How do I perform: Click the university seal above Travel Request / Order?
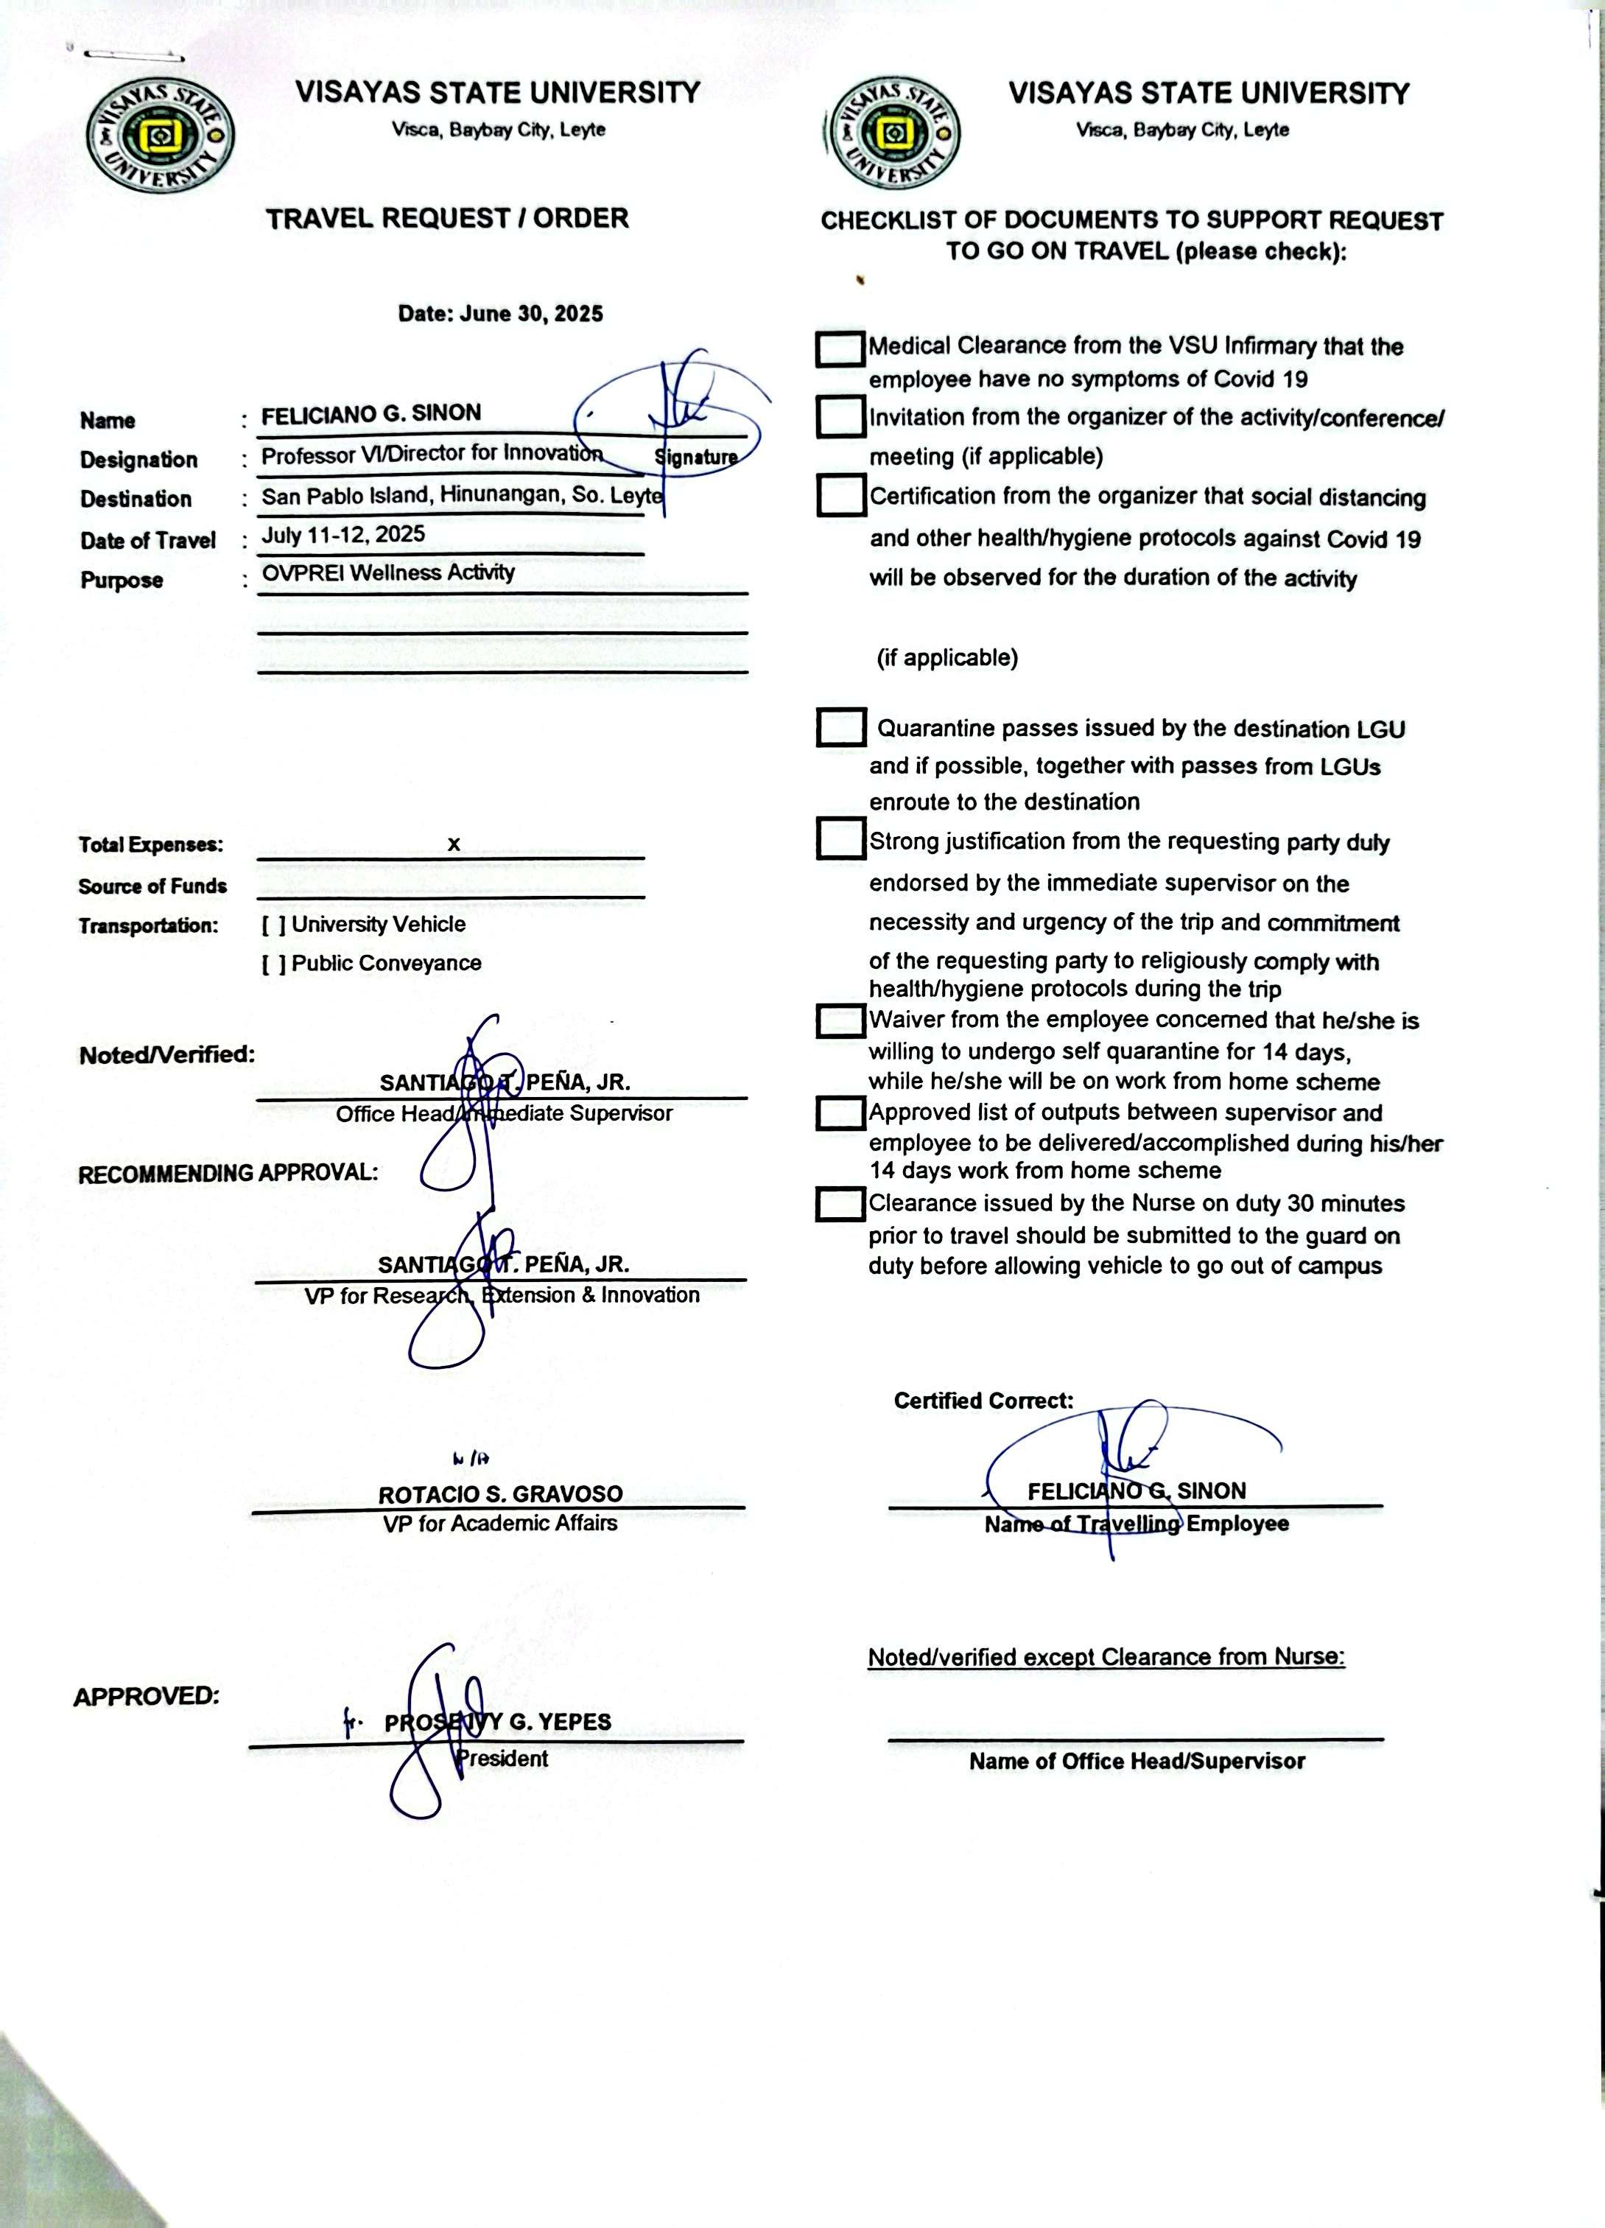[x=160, y=136]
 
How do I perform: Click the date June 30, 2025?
[x=500, y=315]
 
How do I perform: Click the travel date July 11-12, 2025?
[x=343, y=536]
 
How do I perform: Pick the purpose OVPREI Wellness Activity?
[x=388, y=572]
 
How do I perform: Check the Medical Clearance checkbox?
[x=840, y=348]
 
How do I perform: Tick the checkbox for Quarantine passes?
[x=841, y=728]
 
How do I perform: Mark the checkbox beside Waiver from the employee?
[x=840, y=1020]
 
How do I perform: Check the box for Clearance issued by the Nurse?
[x=840, y=1205]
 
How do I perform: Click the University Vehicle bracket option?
[x=274, y=925]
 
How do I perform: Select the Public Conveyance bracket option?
[x=274, y=964]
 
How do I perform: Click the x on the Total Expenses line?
[x=454, y=844]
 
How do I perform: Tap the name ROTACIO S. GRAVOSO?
[x=500, y=1494]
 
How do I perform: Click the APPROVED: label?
[x=147, y=1697]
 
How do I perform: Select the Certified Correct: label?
[x=983, y=1401]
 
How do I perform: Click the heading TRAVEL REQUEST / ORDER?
[x=447, y=218]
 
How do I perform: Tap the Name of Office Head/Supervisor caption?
[x=1137, y=1762]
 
